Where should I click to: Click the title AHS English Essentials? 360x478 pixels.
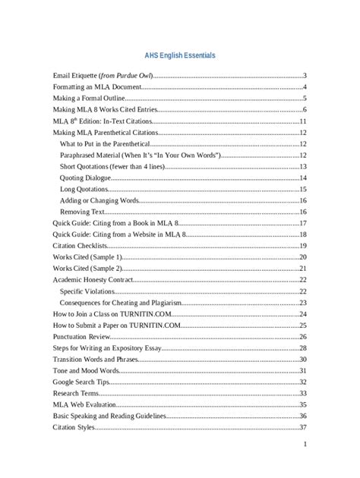[180, 56]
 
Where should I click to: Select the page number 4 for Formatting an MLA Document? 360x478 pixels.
[304, 87]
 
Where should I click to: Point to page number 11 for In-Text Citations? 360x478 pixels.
[302, 121]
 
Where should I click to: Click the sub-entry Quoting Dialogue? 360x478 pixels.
[84, 177]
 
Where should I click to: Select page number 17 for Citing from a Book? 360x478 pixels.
[302, 223]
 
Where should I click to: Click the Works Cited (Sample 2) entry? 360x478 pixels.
[87, 269]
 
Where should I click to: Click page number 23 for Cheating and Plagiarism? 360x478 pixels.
[302, 302]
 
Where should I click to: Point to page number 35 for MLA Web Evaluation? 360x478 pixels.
[302, 404]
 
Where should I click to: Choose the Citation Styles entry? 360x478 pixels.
[74, 427]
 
